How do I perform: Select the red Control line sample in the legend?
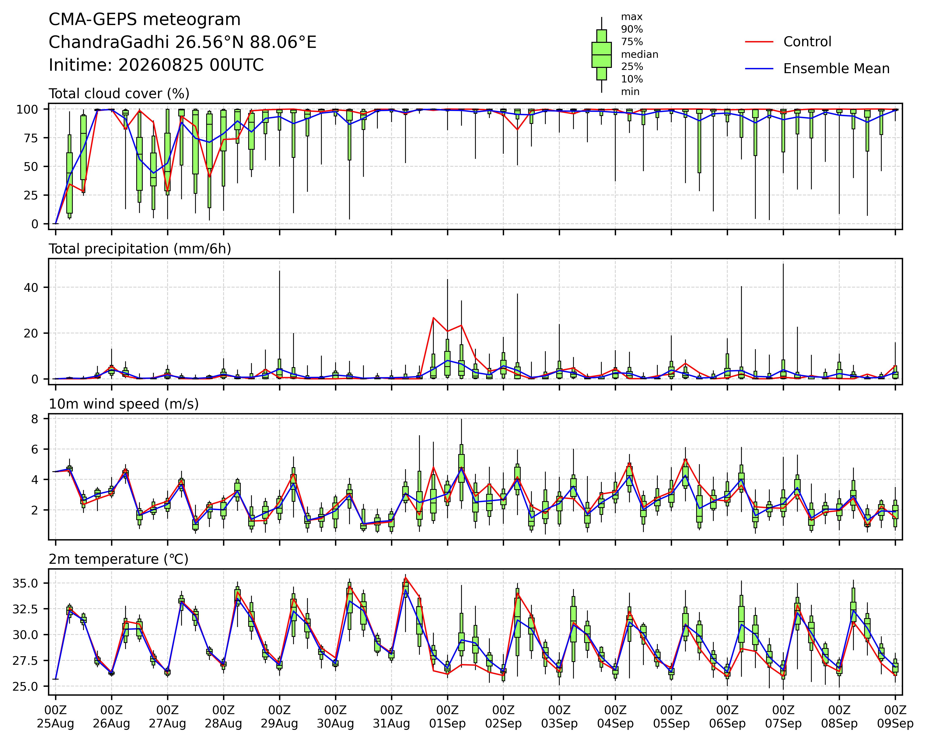759,42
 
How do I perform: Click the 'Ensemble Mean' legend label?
836,69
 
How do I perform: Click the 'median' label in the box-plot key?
640,55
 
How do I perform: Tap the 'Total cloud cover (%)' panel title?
119,94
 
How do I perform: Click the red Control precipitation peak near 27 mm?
433,318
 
